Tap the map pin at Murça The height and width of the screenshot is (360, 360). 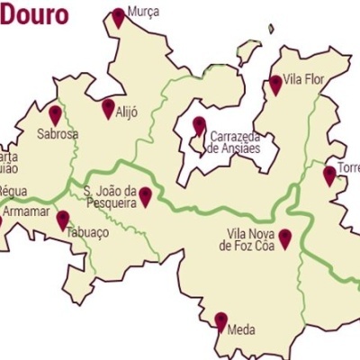pyautogui.click(x=119, y=17)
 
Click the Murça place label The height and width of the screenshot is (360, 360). pyautogui.click(x=144, y=12)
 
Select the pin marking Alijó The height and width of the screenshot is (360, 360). pyautogui.click(x=108, y=108)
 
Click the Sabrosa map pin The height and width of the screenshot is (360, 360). pyautogui.click(x=55, y=114)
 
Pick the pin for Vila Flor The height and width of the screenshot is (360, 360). pyautogui.click(x=275, y=84)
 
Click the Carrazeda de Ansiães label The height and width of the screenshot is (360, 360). pyautogui.click(x=234, y=143)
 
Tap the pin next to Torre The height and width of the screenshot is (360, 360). pyautogui.click(x=329, y=175)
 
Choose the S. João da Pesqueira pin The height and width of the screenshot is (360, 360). pyautogui.click(x=145, y=196)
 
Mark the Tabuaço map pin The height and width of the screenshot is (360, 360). pyautogui.click(x=63, y=220)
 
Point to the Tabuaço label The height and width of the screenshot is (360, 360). pyautogui.click(x=87, y=232)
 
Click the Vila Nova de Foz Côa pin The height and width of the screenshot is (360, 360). pyautogui.click(x=284, y=238)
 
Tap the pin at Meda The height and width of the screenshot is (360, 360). pyautogui.click(x=220, y=321)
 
